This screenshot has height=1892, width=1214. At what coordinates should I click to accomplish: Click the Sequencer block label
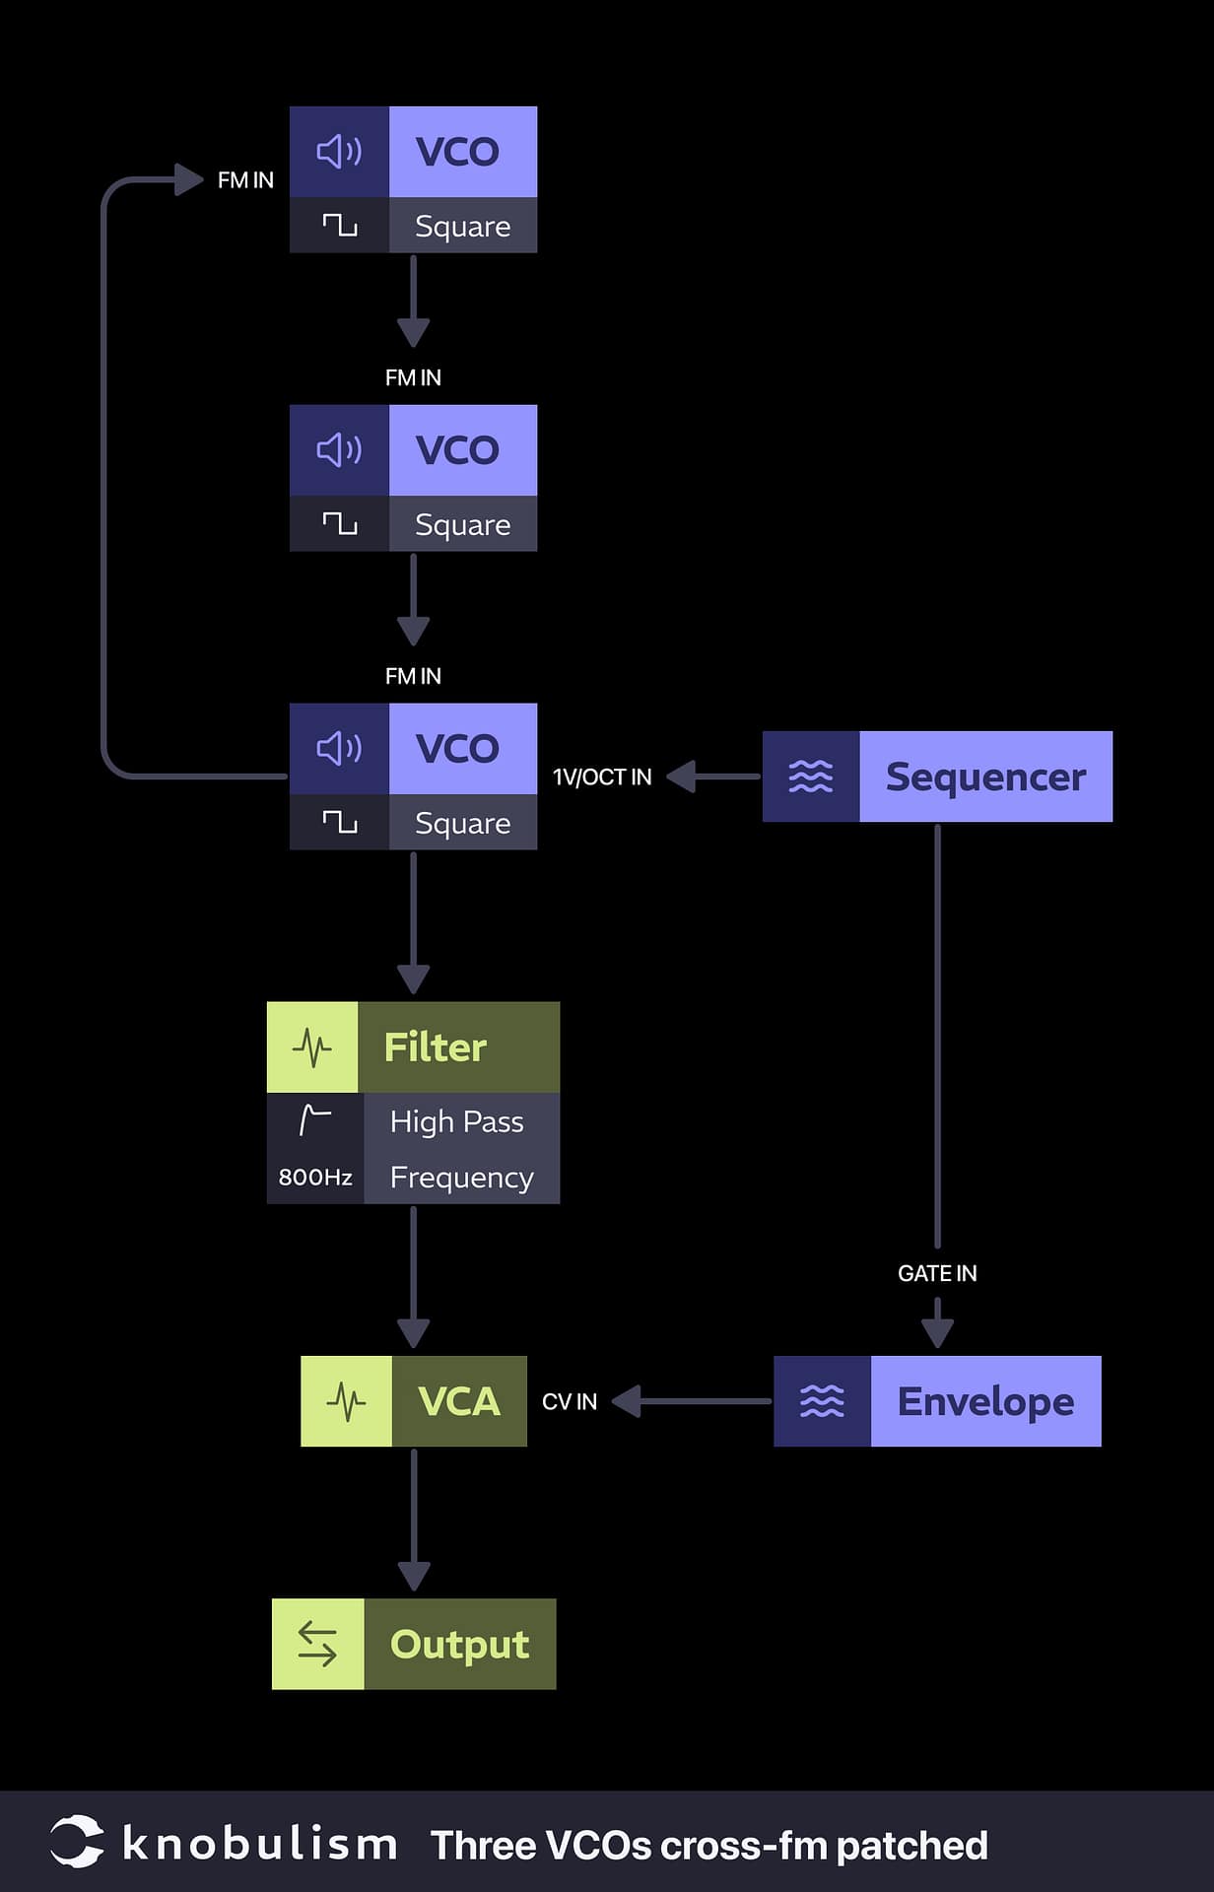pos(984,777)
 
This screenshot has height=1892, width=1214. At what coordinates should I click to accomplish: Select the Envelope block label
pos(984,1401)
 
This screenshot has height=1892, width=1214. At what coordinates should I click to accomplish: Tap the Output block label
pos(459,1644)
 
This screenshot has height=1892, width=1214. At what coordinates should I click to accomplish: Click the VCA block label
pos(458,1401)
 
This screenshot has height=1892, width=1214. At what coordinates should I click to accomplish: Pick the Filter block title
pos(435,1047)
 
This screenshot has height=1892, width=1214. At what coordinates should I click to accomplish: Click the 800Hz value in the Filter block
pos(315,1177)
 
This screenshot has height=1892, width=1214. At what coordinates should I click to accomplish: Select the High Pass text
pos(456,1121)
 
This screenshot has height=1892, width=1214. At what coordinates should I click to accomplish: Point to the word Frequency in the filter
pos(461,1178)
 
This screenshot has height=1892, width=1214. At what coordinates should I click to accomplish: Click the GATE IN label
pos(936,1273)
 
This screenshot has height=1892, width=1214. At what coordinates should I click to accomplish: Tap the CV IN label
pos(570,1401)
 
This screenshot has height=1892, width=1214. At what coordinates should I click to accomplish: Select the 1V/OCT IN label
pos(602,777)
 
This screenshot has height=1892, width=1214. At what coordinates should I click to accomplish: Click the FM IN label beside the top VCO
pos(245,180)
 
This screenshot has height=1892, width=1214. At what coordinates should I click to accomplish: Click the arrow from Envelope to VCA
pos(690,1401)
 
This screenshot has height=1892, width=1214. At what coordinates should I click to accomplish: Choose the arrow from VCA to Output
pos(413,1518)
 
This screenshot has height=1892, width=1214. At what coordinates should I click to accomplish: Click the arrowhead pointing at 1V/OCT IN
pos(682,777)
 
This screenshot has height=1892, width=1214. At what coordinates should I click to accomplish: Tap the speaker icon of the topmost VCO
pos(339,152)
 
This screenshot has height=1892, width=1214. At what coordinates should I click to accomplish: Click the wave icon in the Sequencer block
pos(810,777)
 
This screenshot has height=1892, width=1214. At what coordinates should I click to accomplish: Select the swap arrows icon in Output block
pos(317,1644)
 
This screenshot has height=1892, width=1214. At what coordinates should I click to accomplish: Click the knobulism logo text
pos(258,1844)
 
